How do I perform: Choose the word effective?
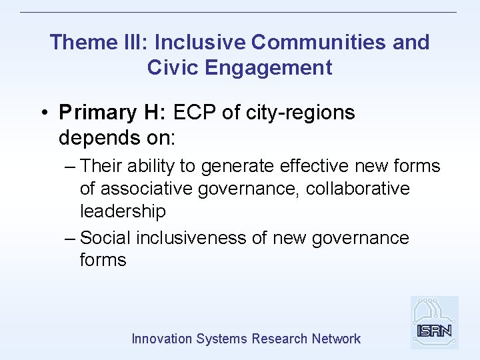tap(314, 166)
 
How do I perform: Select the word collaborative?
tap(358, 189)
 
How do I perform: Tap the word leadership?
tap(122, 211)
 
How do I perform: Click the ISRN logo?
tap(434, 323)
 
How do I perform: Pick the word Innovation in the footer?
tap(161, 339)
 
